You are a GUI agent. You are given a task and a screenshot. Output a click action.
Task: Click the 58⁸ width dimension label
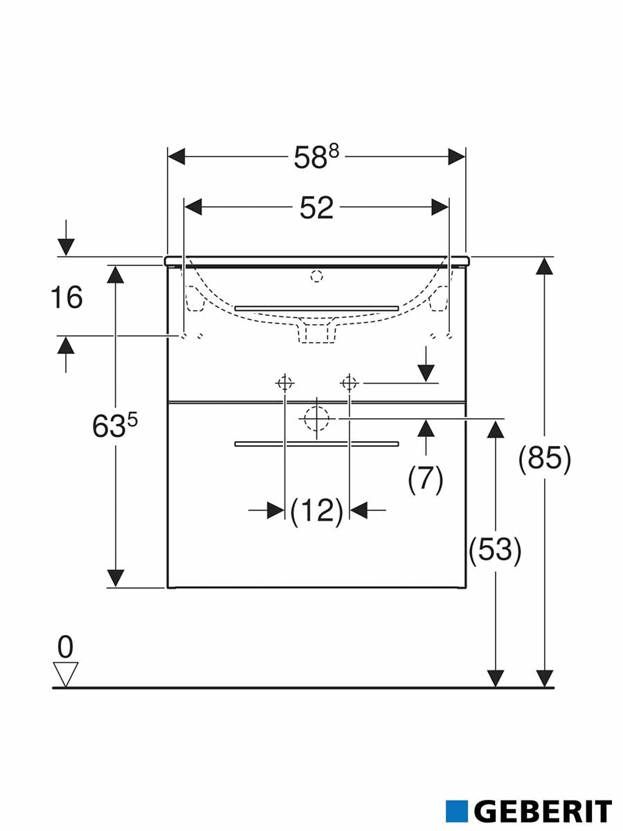[x=316, y=157]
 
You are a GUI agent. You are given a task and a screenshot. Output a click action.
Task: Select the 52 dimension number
[x=316, y=208]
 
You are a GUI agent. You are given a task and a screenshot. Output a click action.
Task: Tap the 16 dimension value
[x=66, y=297]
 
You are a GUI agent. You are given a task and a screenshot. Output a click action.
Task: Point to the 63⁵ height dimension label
[x=115, y=425]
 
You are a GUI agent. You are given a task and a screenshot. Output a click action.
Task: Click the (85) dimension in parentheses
[x=544, y=459]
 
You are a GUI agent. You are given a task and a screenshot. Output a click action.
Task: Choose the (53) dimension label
[x=495, y=551]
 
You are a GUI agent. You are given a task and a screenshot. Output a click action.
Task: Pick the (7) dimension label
[x=426, y=479]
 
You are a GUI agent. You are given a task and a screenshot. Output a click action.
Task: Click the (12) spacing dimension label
[x=316, y=510]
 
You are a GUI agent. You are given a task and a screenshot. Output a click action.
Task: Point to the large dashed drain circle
[x=316, y=418]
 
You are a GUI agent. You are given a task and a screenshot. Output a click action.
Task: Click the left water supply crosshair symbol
[x=284, y=384]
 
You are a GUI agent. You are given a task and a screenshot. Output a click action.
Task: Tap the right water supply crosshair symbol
[x=349, y=384]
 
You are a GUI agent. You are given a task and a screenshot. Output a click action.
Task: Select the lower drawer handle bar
[x=316, y=444]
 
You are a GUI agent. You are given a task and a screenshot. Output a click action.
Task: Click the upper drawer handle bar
[x=316, y=308]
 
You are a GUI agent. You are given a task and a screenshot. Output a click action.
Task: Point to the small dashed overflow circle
[x=316, y=277]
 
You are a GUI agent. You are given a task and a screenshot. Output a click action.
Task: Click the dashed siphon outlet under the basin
[x=316, y=331]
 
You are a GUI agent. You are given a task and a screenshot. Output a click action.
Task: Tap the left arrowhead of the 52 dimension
[x=192, y=207]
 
